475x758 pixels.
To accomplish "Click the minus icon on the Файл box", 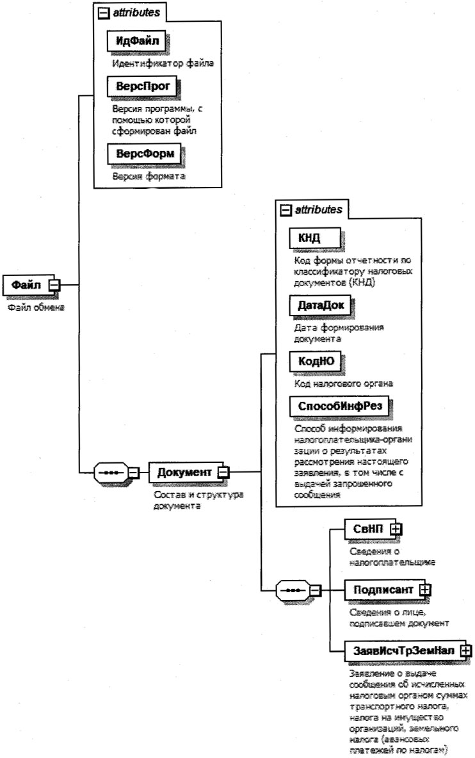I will [55, 285].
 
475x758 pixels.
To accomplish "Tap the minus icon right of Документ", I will [224, 473].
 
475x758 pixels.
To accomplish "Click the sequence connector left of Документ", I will [110, 473].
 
